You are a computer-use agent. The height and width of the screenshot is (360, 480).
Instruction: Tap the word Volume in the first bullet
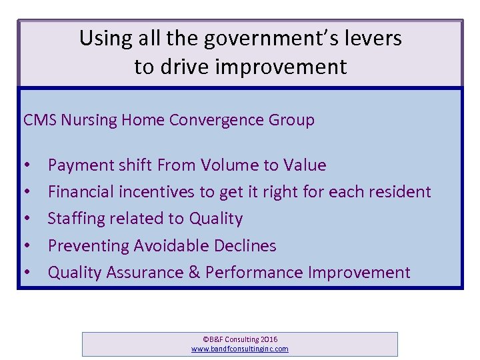pyautogui.click(x=233, y=165)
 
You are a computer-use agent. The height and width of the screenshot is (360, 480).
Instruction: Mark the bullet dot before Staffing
pyautogui.click(x=26, y=219)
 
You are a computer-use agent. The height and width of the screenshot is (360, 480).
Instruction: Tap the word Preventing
pyautogui.click(x=89, y=245)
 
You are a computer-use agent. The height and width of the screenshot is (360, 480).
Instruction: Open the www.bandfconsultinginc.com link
pyautogui.click(x=240, y=349)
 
